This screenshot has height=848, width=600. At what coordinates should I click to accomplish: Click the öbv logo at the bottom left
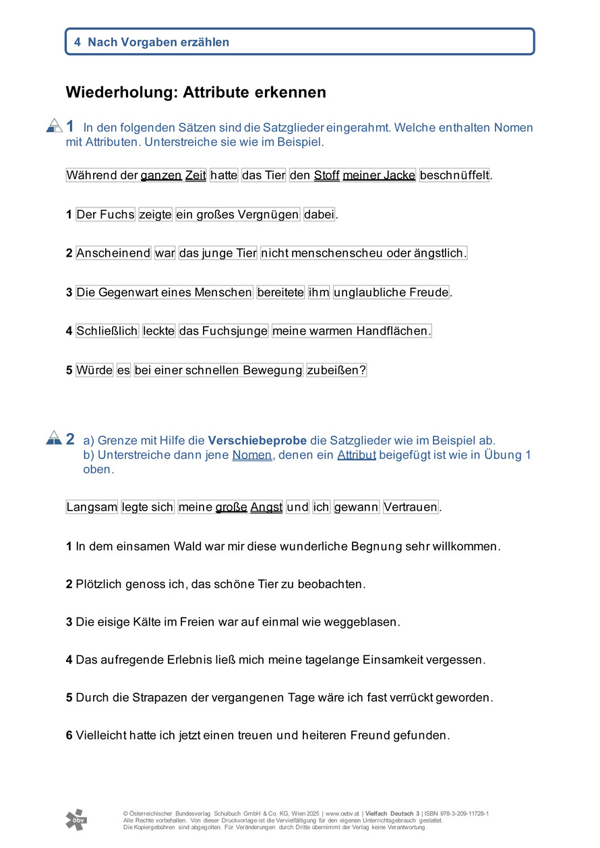pos(76,819)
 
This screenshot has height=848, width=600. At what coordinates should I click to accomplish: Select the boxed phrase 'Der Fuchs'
pos(106,215)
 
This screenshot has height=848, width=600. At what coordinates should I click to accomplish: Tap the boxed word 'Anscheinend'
pos(113,253)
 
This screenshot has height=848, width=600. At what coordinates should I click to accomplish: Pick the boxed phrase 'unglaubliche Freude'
pos(391,292)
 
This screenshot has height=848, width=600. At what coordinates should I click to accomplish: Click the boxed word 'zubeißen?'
pos(336,370)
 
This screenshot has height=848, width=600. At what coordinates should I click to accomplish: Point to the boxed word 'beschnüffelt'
pos(454,176)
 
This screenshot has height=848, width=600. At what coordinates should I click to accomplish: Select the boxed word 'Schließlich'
pos(107,331)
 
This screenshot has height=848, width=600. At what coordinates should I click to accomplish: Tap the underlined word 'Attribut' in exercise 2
pos(357,455)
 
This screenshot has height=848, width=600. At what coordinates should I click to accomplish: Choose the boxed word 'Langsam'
pos(92,507)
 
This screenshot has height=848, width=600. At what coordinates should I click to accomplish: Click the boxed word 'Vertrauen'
pos(411,507)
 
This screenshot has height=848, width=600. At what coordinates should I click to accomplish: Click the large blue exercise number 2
pos(70,439)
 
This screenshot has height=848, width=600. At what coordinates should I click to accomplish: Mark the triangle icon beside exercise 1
pos(55,125)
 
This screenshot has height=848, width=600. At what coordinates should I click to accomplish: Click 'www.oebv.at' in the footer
pos(342,814)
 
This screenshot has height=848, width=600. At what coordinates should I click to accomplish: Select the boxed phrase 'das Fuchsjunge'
pos(224,331)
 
